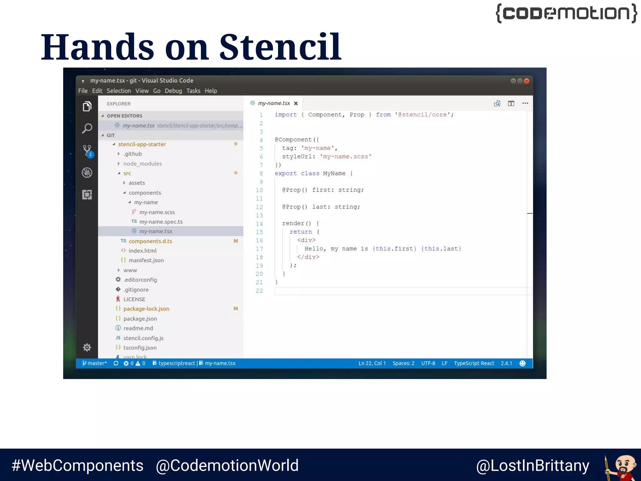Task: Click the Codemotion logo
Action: [x=567, y=13]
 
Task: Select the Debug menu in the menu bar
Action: [x=173, y=91]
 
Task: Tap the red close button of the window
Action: [x=527, y=81]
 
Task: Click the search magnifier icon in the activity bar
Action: [x=87, y=128]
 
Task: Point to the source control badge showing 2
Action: [x=90, y=154]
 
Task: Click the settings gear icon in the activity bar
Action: [x=87, y=347]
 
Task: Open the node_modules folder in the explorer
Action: [x=142, y=163]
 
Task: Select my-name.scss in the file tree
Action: [x=157, y=212]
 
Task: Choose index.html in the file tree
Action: [x=142, y=251]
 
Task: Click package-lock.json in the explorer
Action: [x=146, y=308]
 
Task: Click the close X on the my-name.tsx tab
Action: [x=296, y=103]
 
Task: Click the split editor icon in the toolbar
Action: [x=511, y=103]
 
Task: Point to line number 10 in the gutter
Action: [x=259, y=190]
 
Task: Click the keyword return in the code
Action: [x=301, y=232]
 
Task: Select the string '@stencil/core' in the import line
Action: [x=423, y=115]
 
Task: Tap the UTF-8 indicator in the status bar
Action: [x=428, y=363]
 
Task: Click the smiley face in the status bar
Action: [x=522, y=363]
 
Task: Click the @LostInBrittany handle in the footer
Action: [x=532, y=465]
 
